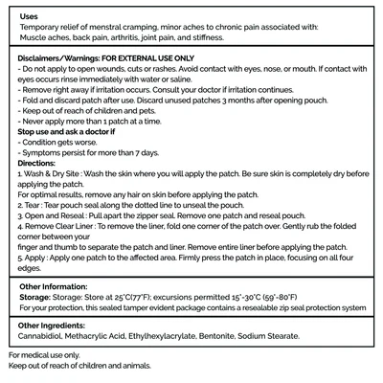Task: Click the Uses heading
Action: coord(29,17)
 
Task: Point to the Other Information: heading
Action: coord(58,285)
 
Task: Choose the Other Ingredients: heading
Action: coord(58,326)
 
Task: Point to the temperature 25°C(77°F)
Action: coord(133,297)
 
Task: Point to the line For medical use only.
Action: coord(47,355)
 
